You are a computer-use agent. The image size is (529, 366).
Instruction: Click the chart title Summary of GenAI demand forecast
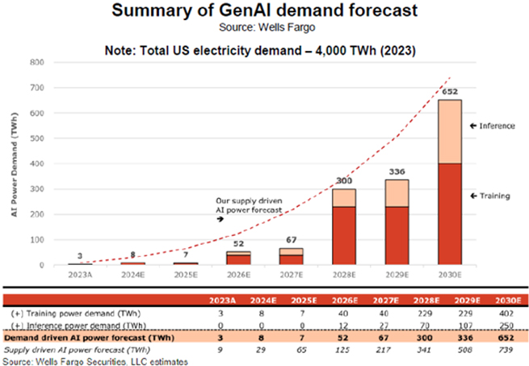pos(264,11)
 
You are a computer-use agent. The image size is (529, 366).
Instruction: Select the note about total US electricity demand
pos(264,49)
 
